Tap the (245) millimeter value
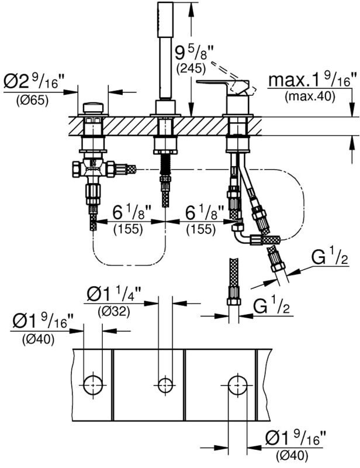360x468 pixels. point(191,69)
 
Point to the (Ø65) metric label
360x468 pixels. point(32,101)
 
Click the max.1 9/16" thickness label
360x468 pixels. point(313,80)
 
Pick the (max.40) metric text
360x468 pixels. point(310,97)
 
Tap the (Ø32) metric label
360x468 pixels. point(114,312)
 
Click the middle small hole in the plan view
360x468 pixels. point(165,386)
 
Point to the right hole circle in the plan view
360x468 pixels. point(238,385)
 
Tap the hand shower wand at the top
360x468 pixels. point(165,50)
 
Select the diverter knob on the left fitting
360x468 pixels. point(94,108)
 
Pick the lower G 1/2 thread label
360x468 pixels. point(271,305)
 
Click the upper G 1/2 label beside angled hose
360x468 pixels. point(330,257)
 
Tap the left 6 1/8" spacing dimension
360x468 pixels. point(131,213)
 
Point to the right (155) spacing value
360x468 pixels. point(201,229)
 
